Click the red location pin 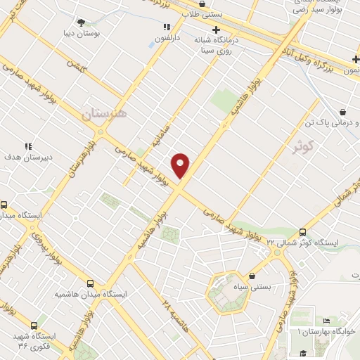click(x=181, y=165)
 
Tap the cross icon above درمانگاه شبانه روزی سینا click(x=216, y=30)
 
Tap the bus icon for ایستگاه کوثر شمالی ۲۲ click(x=303, y=231)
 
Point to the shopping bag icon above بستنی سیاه click(x=252, y=276)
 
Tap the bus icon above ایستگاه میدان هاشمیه click(x=89, y=283)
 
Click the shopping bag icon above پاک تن click(x=342, y=111)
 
